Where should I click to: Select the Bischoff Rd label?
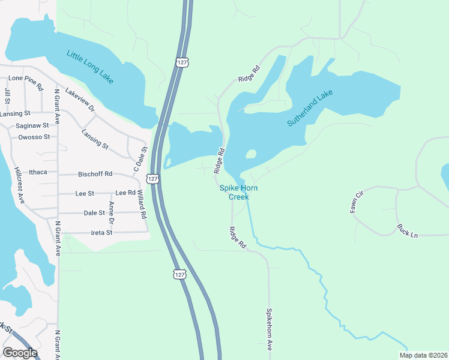coord(95,174)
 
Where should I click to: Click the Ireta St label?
coord(101,232)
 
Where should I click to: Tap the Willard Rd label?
coord(141,204)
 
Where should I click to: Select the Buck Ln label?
coord(407,230)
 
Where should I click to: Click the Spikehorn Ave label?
coord(270,329)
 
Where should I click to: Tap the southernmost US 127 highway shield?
coord(179,274)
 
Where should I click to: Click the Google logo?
coord(20,353)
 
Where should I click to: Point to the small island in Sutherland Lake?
coord(251,154)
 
